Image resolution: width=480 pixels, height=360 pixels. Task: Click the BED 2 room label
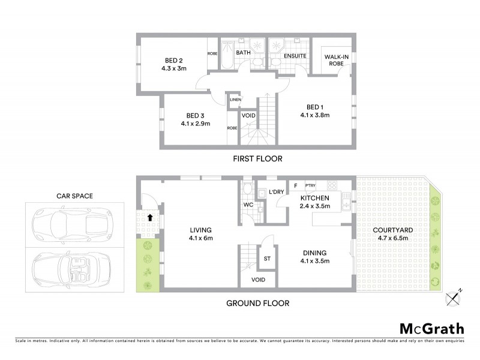(x=174, y=59)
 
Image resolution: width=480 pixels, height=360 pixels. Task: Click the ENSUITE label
(x=295, y=56)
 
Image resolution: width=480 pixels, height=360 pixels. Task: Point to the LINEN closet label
(x=235, y=100)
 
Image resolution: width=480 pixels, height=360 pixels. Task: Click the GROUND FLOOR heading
(x=257, y=303)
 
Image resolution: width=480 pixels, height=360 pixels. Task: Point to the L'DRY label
(x=277, y=192)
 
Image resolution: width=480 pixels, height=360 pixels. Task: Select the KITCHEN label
(x=314, y=198)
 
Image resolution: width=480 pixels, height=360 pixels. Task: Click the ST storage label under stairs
(x=267, y=259)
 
